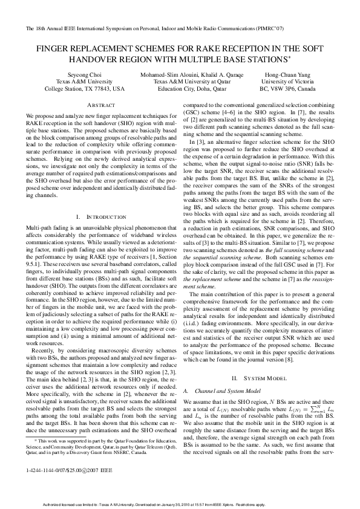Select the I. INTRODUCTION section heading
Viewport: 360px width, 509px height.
click(x=102, y=216)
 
